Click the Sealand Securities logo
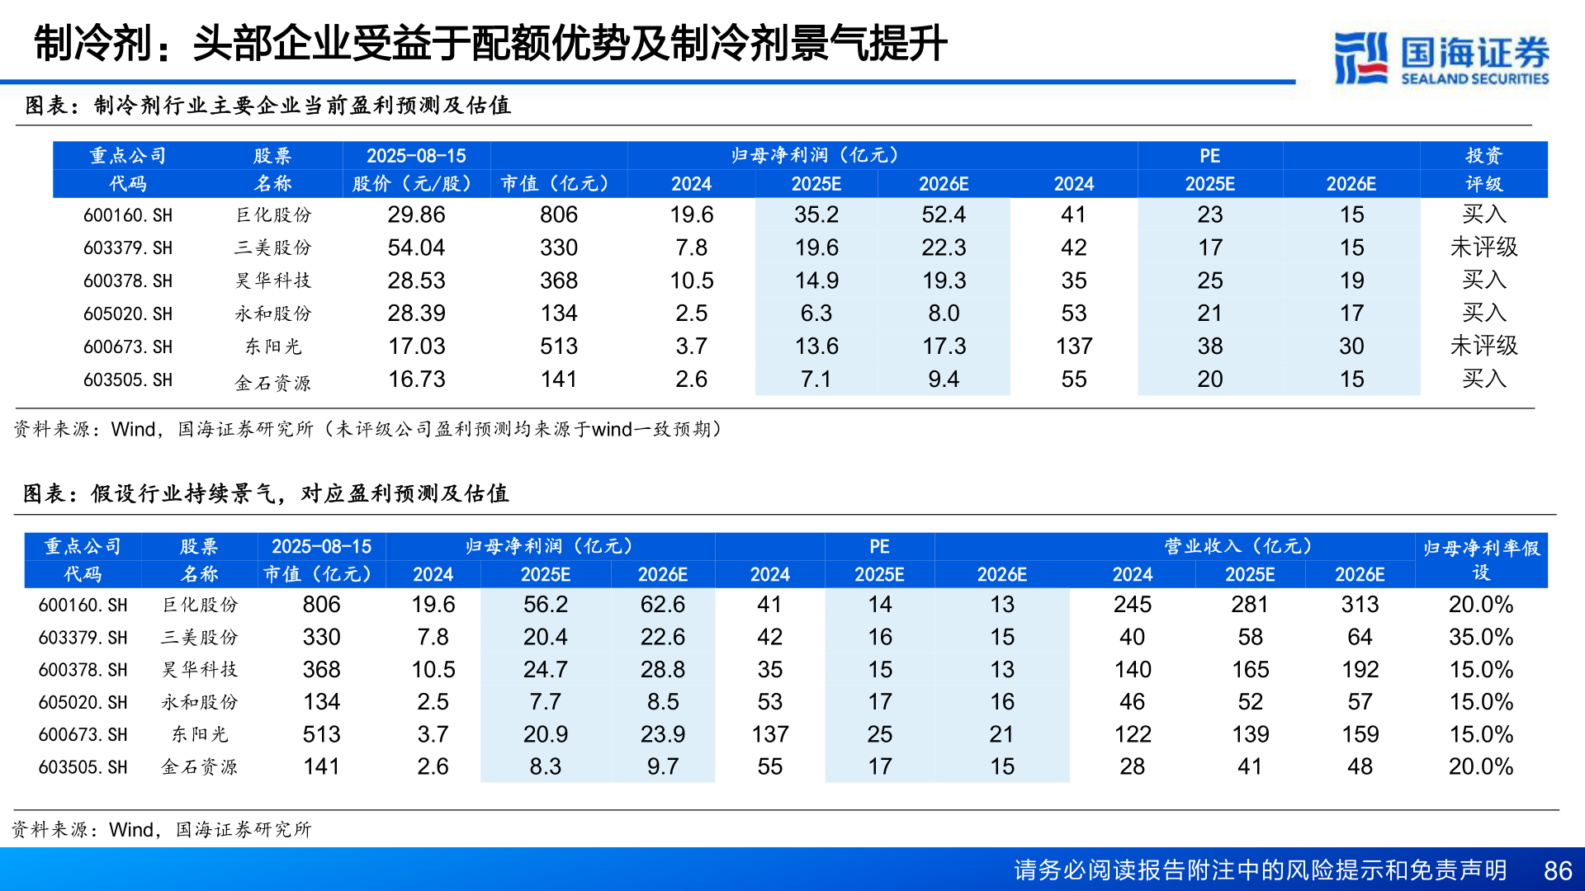click(x=1441, y=57)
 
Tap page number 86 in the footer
click(x=1557, y=870)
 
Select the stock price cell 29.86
click(x=416, y=214)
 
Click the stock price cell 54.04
click(x=416, y=247)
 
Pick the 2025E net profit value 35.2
click(x=816, y=214)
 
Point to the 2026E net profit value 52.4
click(x=944, y=214)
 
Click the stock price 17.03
click(x=416, y=346)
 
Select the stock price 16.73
click(x=416, y=379)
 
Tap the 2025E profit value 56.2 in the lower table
click(x=545, y=605)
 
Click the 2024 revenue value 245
click(x=1132, y=605)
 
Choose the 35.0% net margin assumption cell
click(x=1480, y=637)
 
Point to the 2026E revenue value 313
click(x=1360, y=605)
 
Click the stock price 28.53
click(x=416, y=280)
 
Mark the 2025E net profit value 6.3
click(x=816, y=313)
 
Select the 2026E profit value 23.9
click(x=662, y=734)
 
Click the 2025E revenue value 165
click(x=1250, y=669)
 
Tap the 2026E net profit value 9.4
click(x=944, y=379)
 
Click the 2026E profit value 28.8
click(x=662, y=669)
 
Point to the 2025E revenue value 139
click(x=1250, y=734)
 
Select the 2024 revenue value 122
click(x=1132, y=734)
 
